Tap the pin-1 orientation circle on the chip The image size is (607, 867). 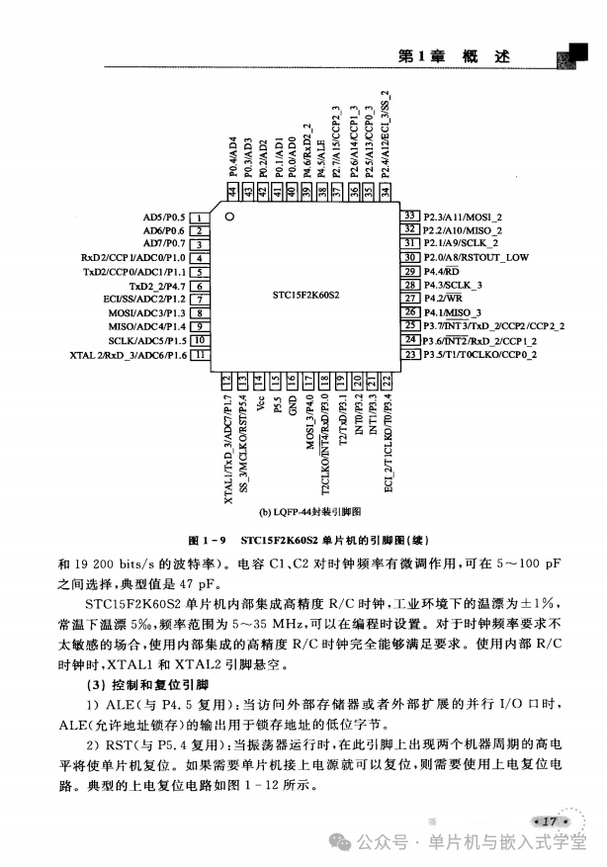coord(229,217)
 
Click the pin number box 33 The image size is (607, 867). coord(410,216)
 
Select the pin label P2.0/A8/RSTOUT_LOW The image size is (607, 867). coord(476,257)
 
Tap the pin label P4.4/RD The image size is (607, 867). coord(441,271)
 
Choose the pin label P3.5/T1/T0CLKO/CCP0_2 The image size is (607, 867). coord(479,353)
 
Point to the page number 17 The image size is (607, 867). coord(550,819)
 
